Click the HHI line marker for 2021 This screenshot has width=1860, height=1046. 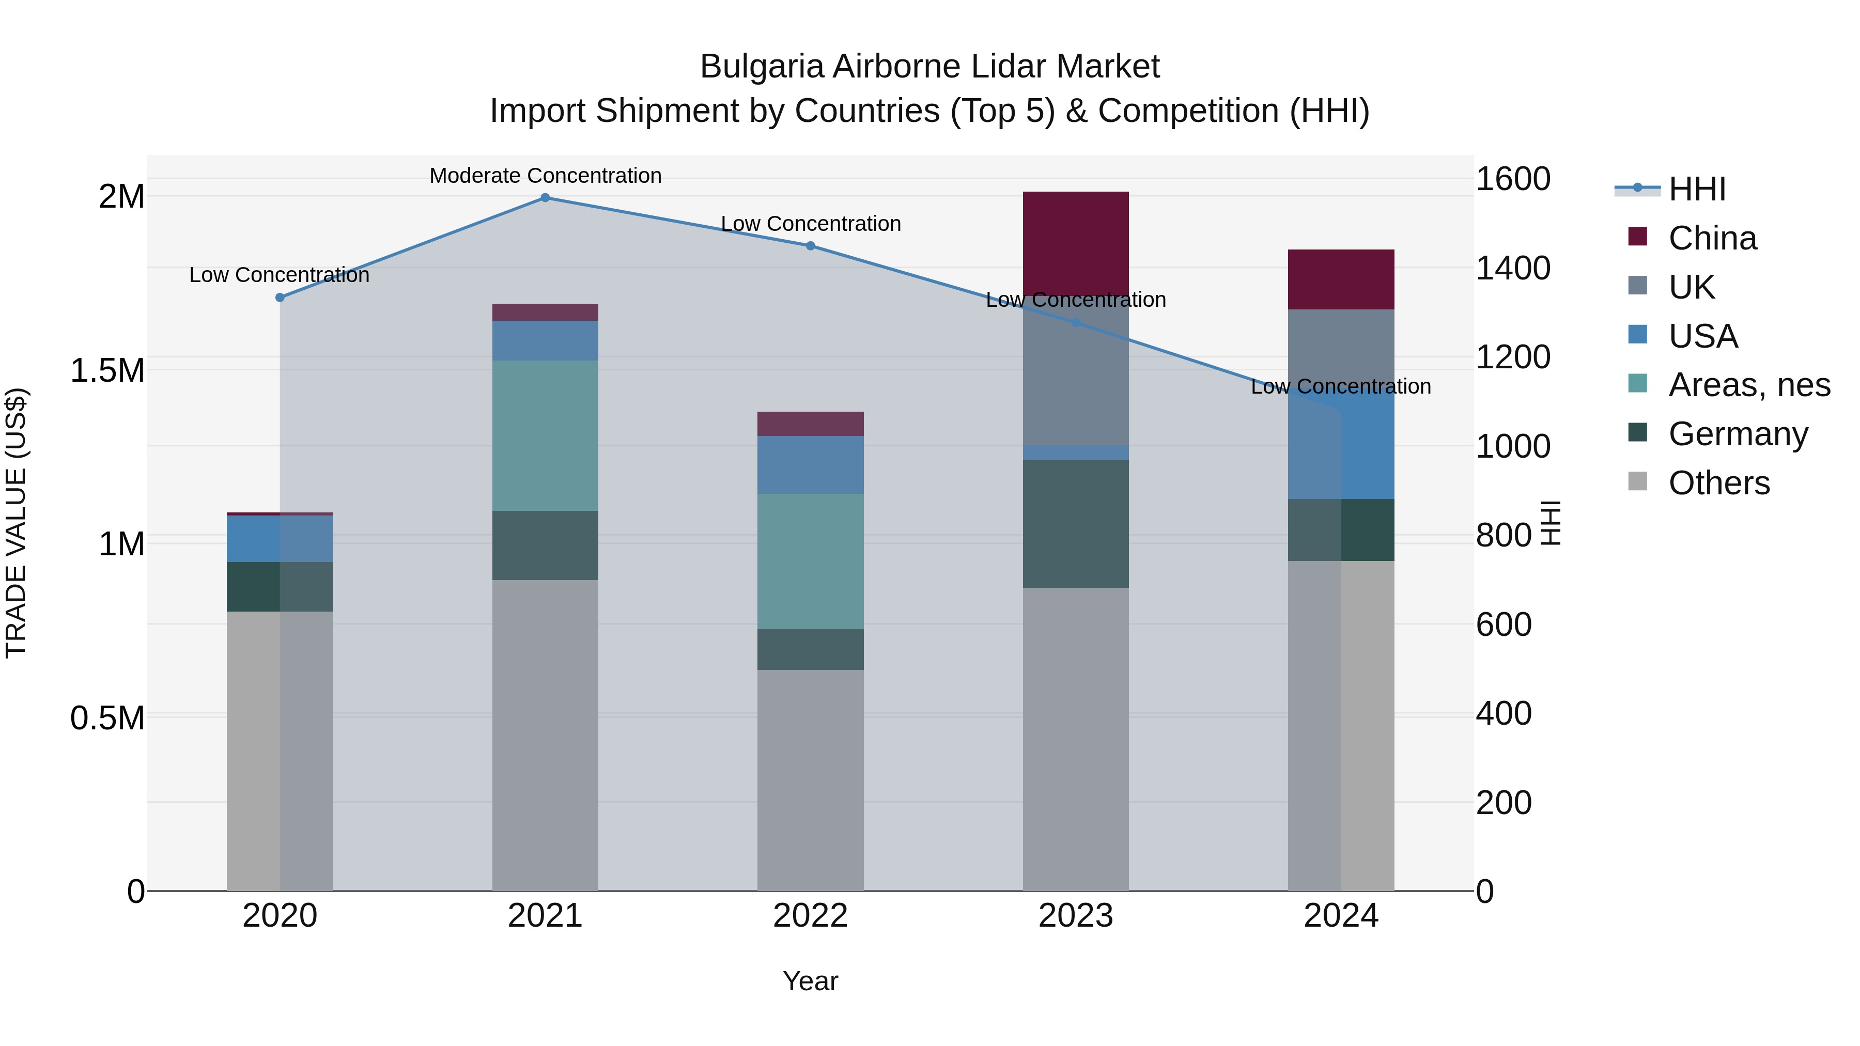[545, 198]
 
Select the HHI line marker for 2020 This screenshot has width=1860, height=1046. [280, 298]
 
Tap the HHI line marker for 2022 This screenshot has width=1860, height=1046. [810, 246]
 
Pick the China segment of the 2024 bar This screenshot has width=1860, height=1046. [1341, 279]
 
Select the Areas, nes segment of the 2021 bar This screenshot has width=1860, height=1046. [545, 435]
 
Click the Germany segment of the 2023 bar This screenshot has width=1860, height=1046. [1075, 523]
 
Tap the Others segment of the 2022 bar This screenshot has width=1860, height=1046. [810, 779]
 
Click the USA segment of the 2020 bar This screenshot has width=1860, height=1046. [280, 539]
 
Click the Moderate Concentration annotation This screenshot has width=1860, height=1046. [545, 176]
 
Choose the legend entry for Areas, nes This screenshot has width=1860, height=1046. [1748, 385]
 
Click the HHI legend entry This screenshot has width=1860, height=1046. [1696, 189]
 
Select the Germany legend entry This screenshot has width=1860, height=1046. [1737, 434]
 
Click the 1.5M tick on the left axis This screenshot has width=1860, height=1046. [107, 370]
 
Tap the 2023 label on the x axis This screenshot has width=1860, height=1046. [1075, 916]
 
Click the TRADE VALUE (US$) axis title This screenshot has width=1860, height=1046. [16, 523]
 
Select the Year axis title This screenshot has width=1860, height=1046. [810, 981]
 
